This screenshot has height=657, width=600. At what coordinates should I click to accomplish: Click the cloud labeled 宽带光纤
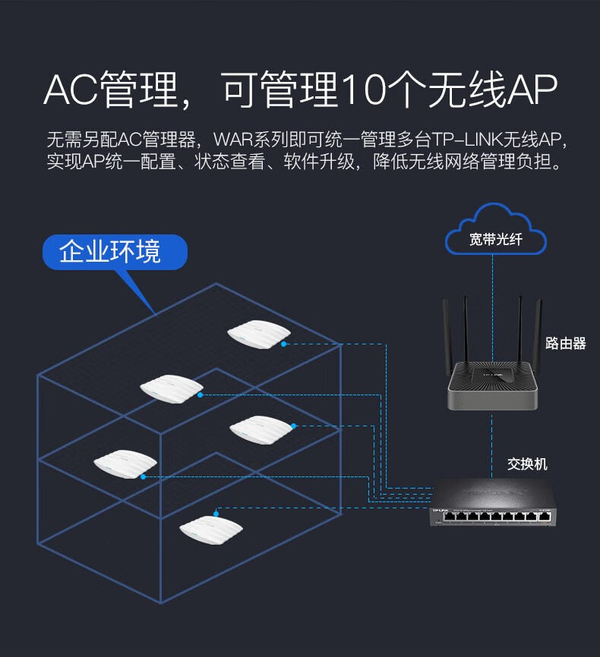click(x=495, y=231)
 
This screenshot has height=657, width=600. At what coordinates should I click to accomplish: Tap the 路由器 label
click(x=566, y=344)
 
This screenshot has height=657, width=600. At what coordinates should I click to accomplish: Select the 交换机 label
click(x=527, y=464)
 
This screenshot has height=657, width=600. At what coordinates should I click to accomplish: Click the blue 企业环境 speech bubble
click(x=114, y=252)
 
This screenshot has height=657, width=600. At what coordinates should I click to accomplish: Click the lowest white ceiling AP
click(x=210, y=528)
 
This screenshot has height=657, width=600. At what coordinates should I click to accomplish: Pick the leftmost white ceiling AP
click(x=125, y=464)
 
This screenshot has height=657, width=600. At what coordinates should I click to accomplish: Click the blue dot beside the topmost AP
click(x=284, y=344)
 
